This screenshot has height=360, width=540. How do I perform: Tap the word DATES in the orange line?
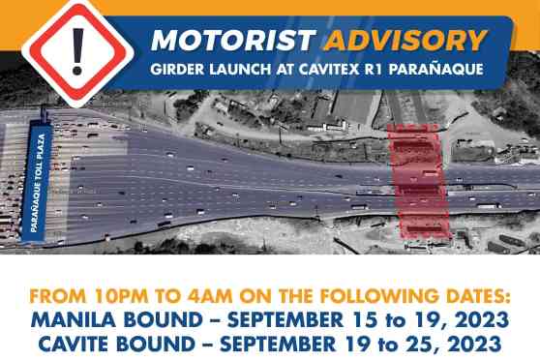(x=473, y=295)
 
